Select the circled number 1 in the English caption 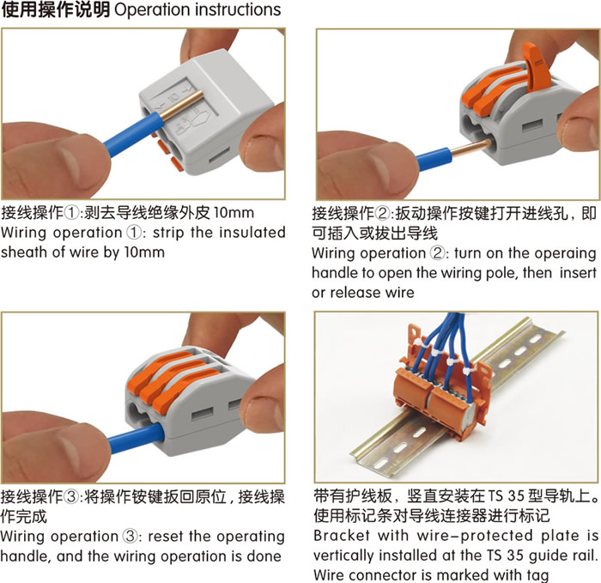point(133,233)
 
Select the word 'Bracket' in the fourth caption point(342,535)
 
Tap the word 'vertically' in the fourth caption point(343,556)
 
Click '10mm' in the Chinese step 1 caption point(234,213)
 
